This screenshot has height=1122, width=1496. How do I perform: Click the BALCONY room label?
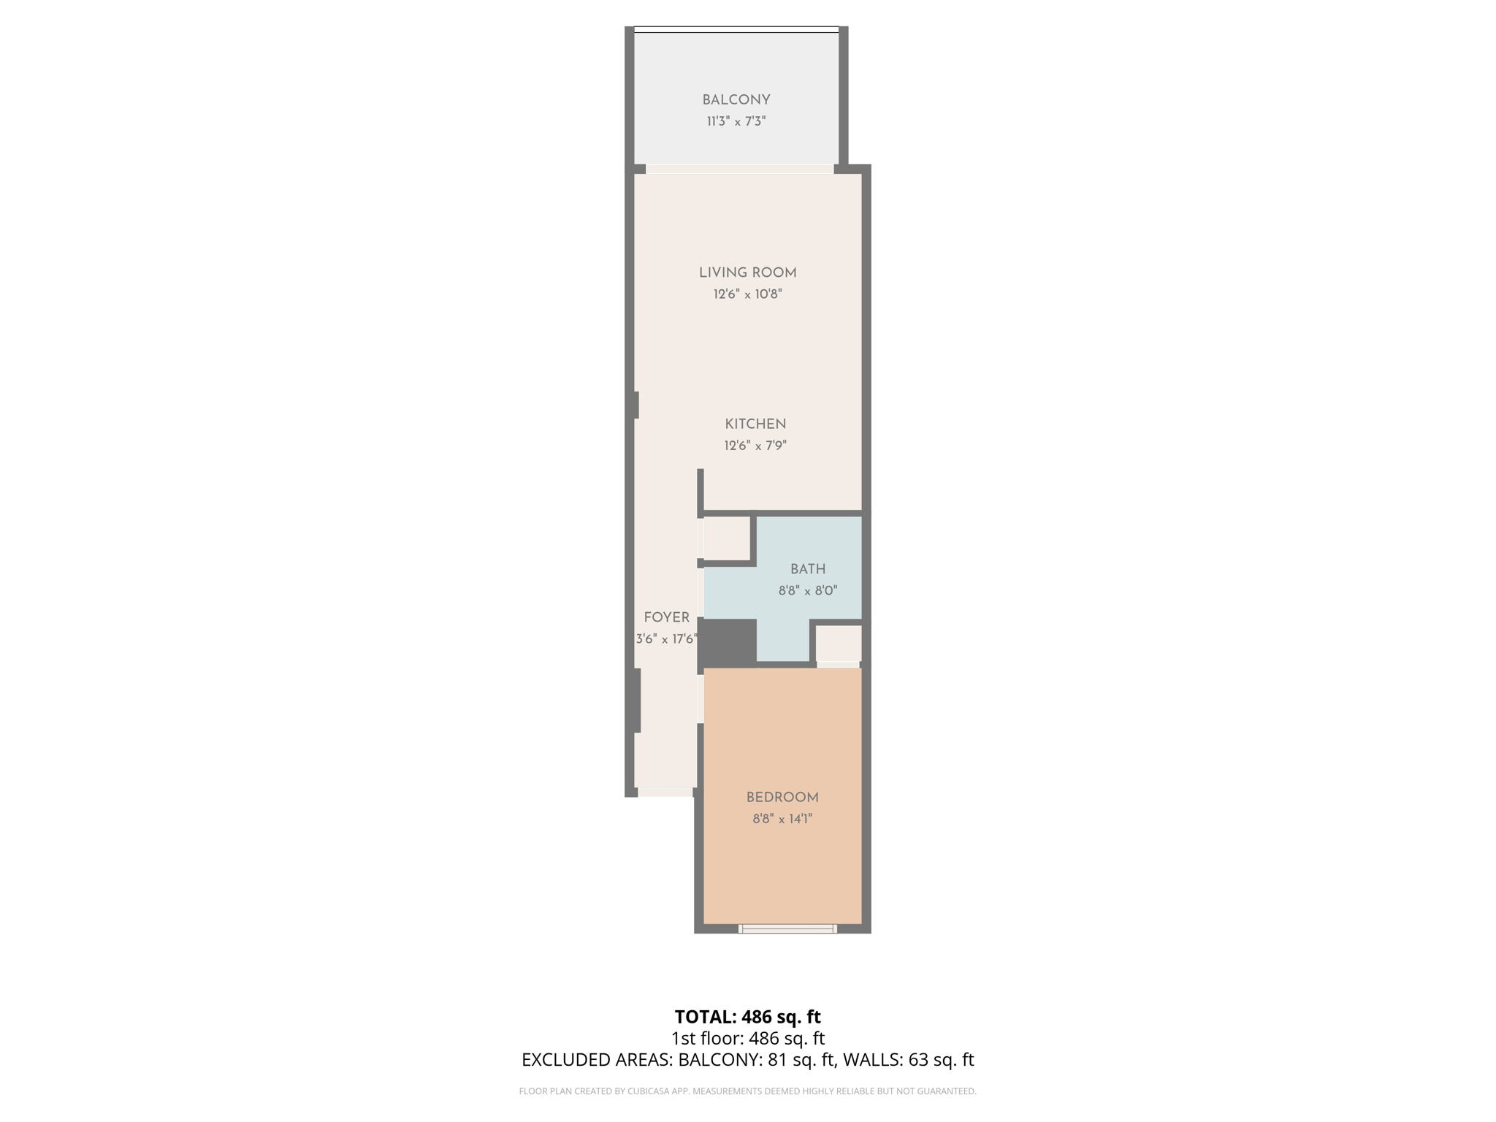pos(736,100)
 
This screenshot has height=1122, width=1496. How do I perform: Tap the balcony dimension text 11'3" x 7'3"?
pos(736,121)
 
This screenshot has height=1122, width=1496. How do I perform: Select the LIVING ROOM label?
pos(747,273)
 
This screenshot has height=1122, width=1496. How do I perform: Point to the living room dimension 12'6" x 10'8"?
pos(747,294)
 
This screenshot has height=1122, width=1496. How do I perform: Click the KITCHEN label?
pos(755,424)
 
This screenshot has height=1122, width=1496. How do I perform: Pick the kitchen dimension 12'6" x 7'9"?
pos(755,446)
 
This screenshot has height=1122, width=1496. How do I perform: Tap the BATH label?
pos(808,569)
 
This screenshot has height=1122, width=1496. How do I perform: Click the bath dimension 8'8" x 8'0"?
pos(808,590)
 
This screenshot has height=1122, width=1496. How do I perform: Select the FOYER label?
pos(666,618)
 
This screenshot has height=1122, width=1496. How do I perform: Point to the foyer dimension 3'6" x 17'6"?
pos(666,639)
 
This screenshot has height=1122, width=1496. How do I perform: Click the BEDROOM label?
pos(782,798)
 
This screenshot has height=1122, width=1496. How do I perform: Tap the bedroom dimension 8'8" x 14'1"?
pos(782,819)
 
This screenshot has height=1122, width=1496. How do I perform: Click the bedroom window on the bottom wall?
pos(787,929)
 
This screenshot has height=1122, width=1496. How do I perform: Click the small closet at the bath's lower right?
pos(838,644)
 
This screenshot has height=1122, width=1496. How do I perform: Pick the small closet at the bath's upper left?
pos(727,538)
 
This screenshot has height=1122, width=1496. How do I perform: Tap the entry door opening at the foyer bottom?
pos(665,792)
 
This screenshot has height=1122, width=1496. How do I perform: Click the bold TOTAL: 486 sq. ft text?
pos(747,1017)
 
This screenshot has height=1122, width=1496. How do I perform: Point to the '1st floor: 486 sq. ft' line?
pos(747,1038)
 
